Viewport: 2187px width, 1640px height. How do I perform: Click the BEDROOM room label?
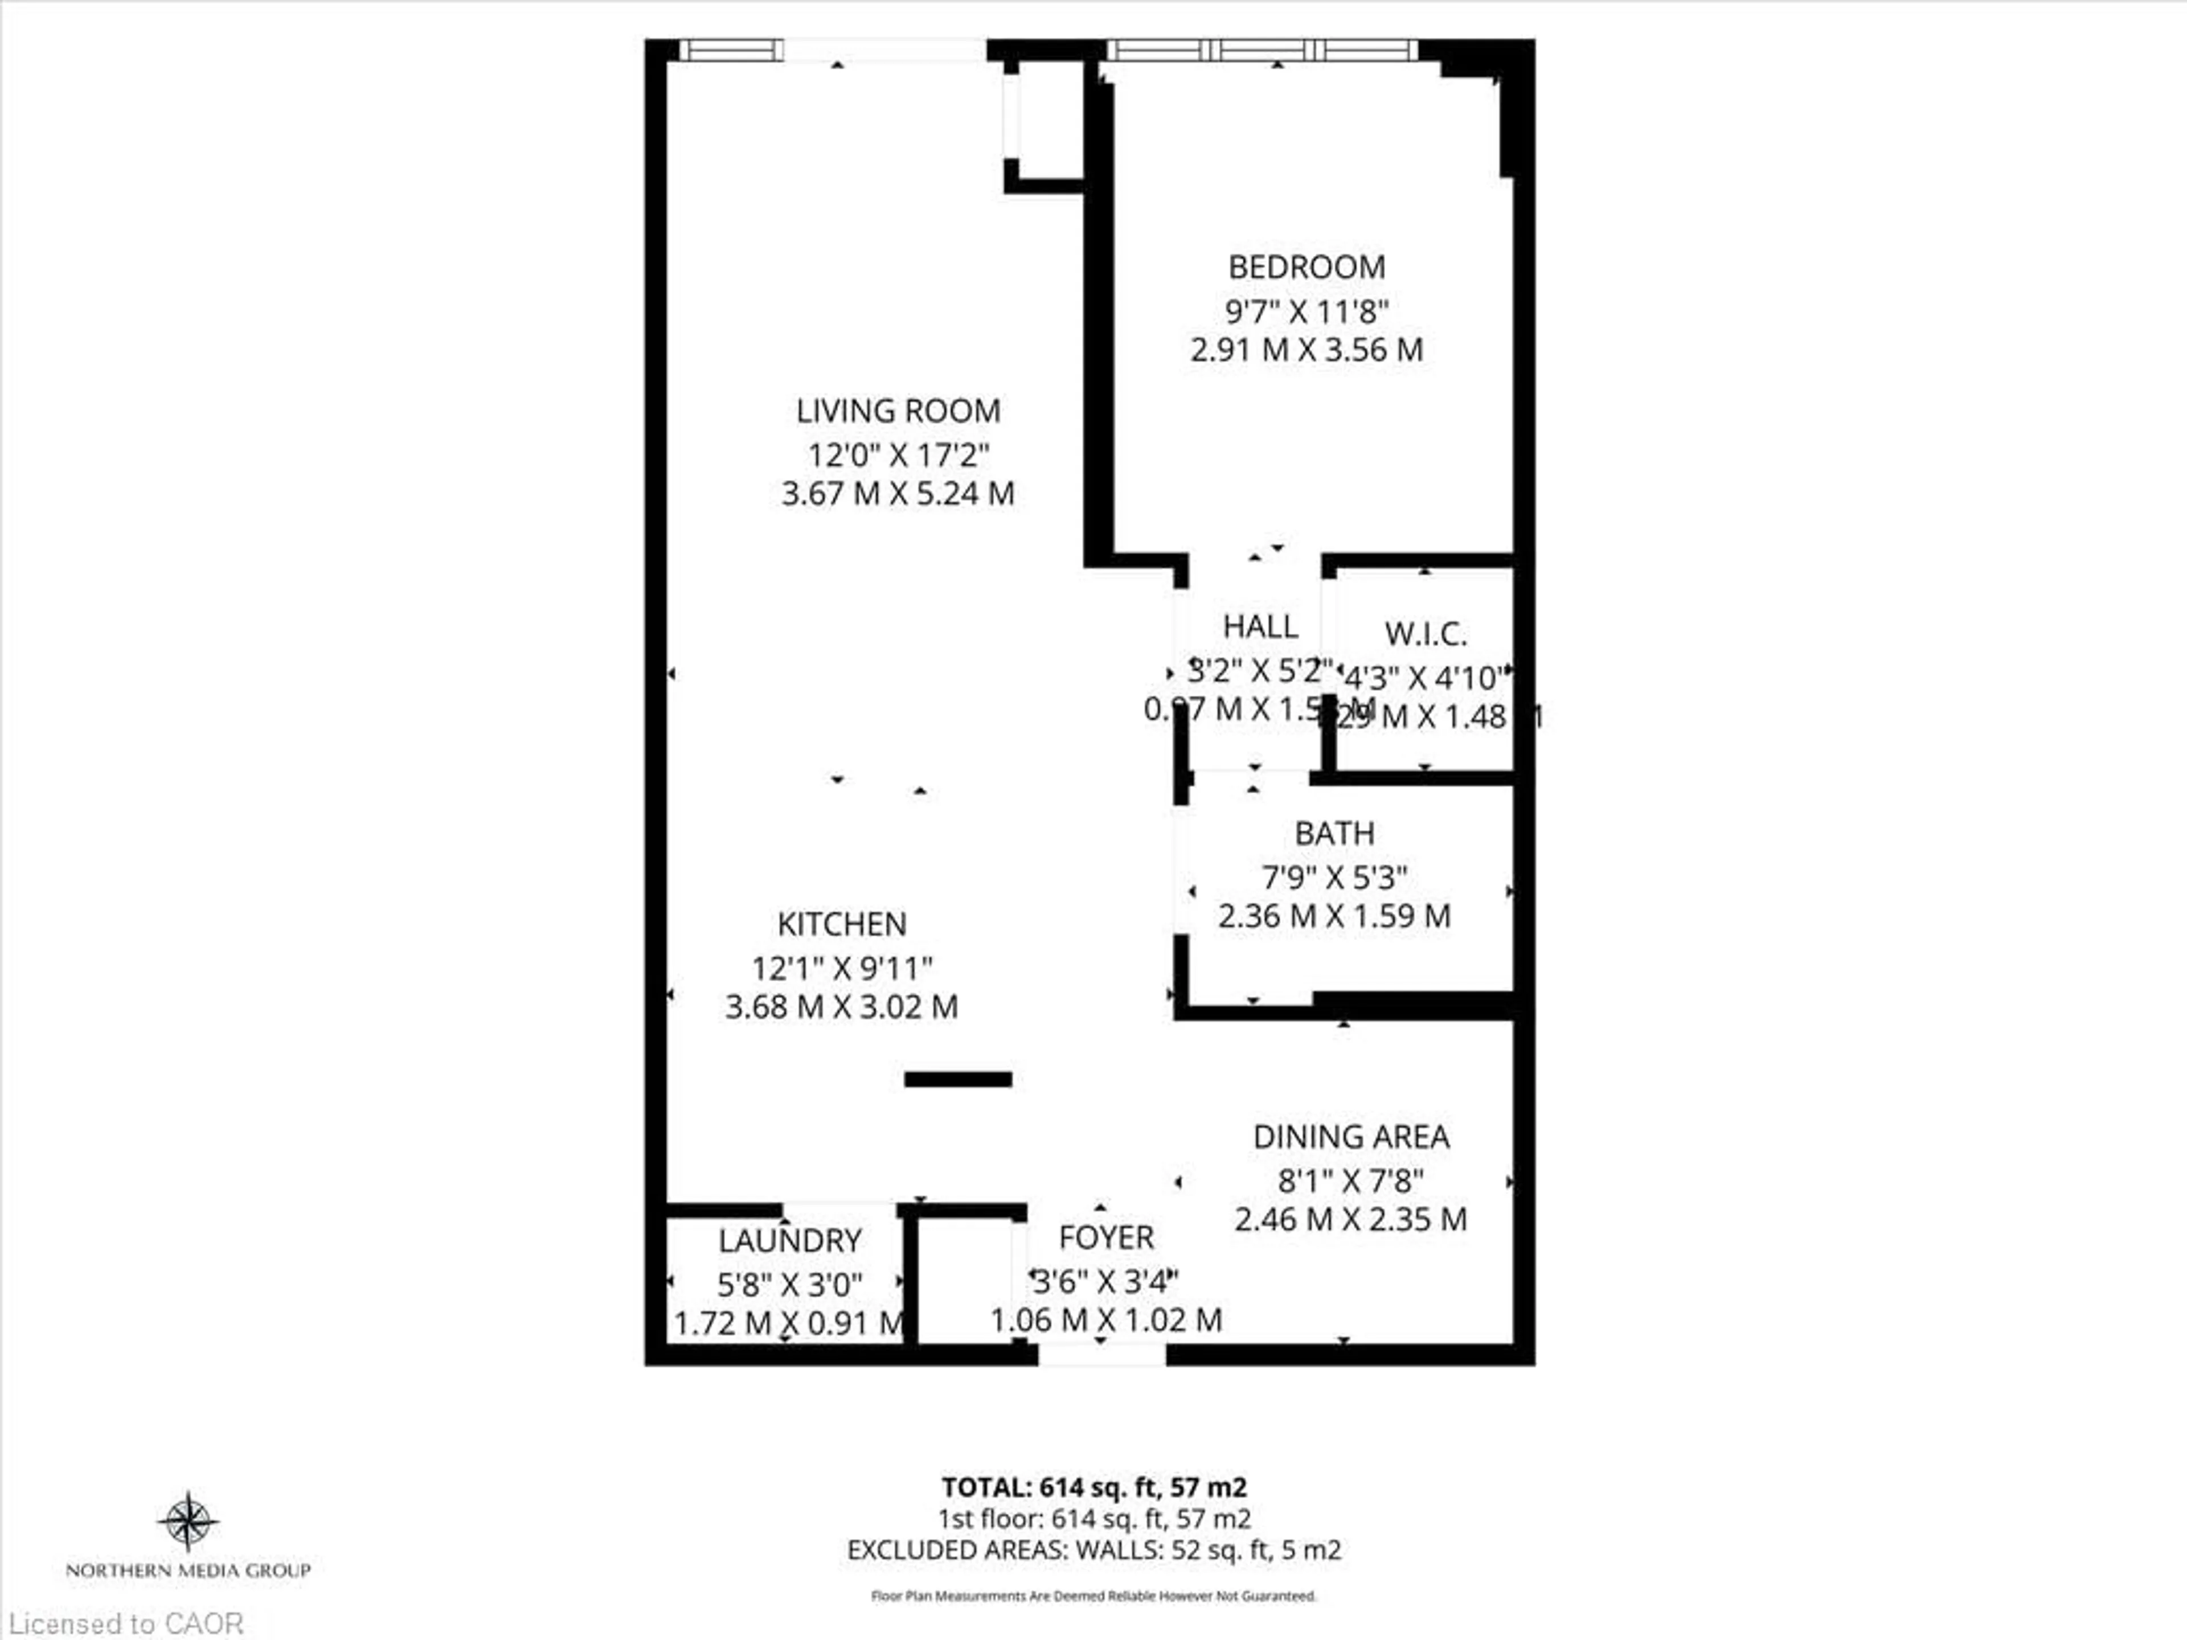click(x=1306, y=267)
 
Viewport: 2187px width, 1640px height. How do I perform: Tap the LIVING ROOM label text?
click(x=898, y=410)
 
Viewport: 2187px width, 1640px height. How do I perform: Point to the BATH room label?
click(x=1334, y=833)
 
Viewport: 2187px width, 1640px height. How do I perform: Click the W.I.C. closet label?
click(x=1425, y=634)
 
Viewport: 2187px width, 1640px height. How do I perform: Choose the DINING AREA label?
click(x=1350, y=1137)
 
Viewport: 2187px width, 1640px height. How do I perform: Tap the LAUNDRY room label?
click(x=789, y=1241)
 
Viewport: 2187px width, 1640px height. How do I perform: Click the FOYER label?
click(x=1105, y=1237)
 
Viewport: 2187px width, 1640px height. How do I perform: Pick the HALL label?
click(x=1260, y=627)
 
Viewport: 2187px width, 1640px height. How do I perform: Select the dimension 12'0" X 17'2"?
click(x=898, y=456)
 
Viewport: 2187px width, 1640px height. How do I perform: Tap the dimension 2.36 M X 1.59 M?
click(x=1334, y=916)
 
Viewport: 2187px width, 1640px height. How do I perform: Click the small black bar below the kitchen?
click(x=957, y=1080)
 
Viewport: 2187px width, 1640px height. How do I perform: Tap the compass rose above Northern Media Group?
click(x=188, y=1522)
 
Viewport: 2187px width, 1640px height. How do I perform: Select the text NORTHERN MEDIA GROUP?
click(x=188, y=1570)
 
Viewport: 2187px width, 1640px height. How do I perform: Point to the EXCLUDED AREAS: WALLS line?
click(x=1093, y=1550)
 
